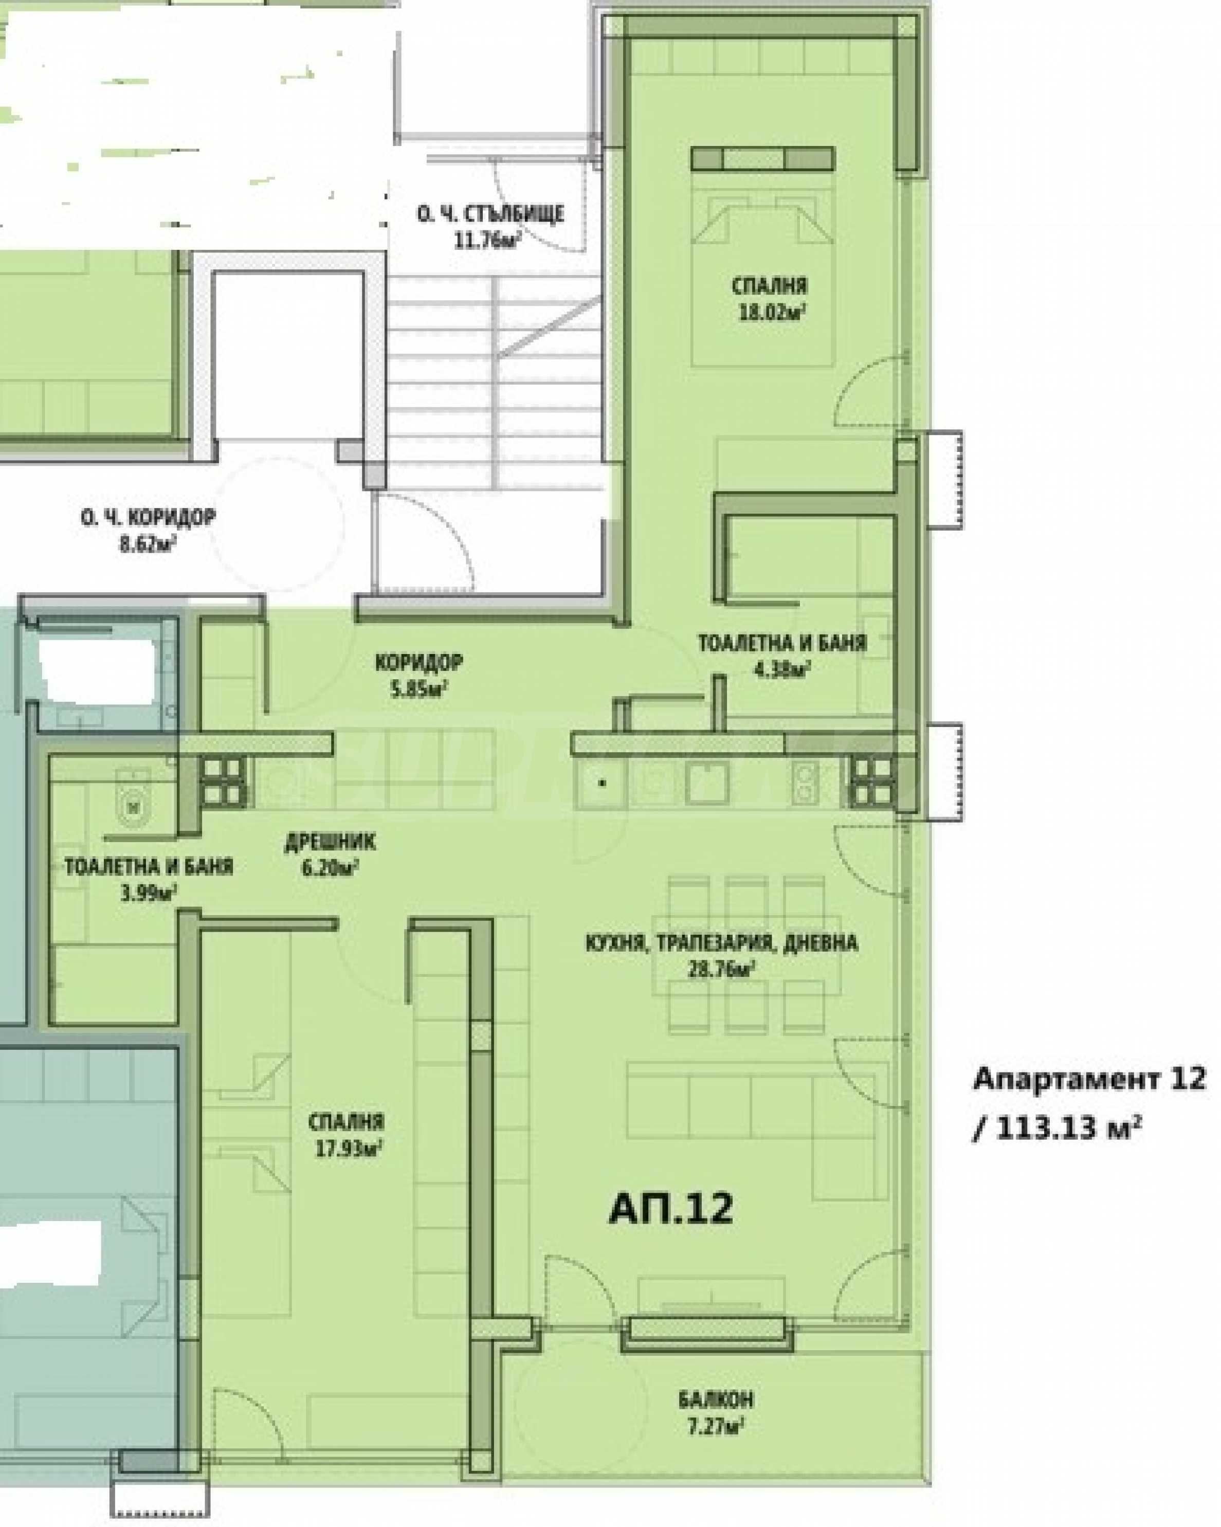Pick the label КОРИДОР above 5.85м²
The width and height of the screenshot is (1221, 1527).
point(420,663)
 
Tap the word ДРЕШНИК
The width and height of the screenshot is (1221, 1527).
point(330,842)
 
